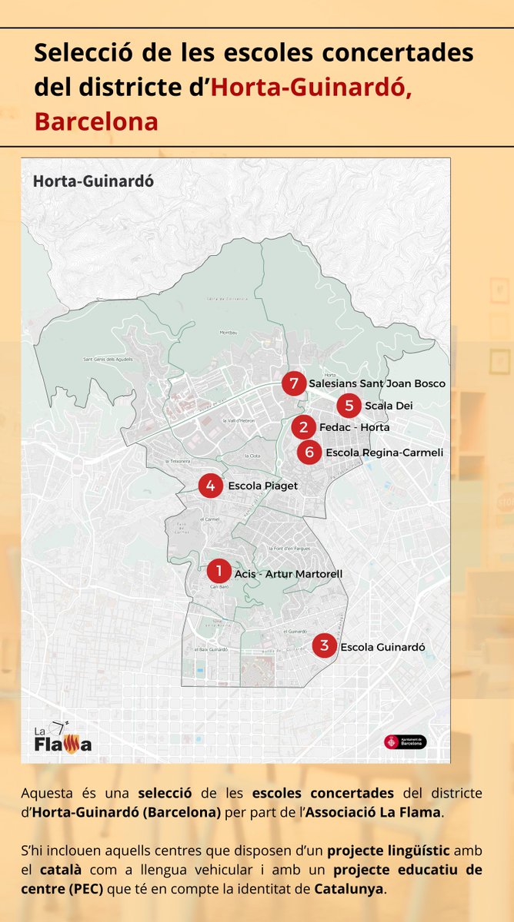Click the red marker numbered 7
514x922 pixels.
tap(292, 383)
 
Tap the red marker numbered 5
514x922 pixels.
tap(349, 405)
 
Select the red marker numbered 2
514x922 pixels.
tap(304, 426)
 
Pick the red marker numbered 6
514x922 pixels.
tap(309, 453)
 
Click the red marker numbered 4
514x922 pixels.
tap(210, 486)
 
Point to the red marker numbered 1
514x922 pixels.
tap(219, 571)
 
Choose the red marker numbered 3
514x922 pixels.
tap(325, 645)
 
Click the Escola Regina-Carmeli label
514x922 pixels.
tap(384, 453)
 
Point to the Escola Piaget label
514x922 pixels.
tap(262, 486)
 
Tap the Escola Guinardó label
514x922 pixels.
tap(382, 647)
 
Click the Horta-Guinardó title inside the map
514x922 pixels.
tap(93, 181)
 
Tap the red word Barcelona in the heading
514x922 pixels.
tap(96, 121)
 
